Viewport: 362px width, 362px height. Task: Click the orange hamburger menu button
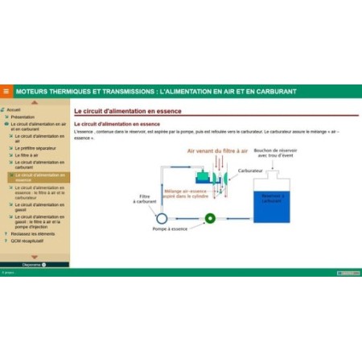[6, 91]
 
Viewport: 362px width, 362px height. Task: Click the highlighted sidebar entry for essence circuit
[38, 177]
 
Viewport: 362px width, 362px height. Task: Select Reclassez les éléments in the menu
[33, 233]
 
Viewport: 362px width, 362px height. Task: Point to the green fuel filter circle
[211, 217]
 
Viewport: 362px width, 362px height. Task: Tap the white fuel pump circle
[161, 217]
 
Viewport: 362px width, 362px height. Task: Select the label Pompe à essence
[170, 229]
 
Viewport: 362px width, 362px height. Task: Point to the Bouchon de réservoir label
[275, 153]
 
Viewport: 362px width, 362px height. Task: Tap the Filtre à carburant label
[144, 199]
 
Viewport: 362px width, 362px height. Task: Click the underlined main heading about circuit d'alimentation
[128, 111]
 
